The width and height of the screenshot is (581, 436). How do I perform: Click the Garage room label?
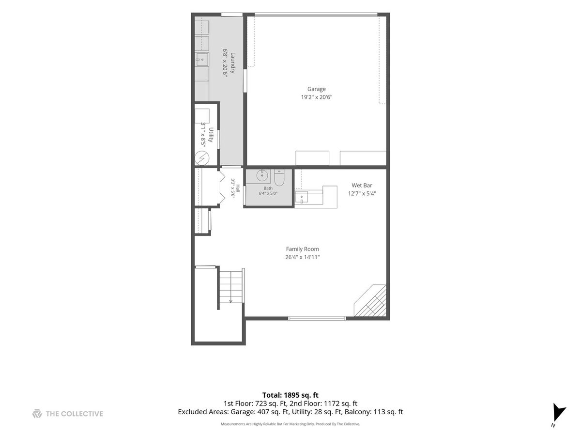point(316,89)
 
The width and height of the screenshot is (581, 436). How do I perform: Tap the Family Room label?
point(302,249)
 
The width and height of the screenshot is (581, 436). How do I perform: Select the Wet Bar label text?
point(362,186)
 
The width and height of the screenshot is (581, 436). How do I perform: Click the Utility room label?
point(211,135)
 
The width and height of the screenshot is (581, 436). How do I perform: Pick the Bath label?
point(268,188)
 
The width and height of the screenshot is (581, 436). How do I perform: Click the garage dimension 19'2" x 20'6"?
point(316,97)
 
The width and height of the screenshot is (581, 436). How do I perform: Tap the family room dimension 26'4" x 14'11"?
point(302,257)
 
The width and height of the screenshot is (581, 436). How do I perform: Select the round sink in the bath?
point(262,175)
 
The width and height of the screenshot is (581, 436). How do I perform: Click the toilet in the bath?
point(279,177)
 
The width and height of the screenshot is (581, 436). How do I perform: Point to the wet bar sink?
point(302,197)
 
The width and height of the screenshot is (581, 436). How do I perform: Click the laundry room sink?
point(202,60)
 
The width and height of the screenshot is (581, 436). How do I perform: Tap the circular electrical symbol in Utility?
point(202,158)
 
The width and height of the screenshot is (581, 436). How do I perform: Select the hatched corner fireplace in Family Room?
point(370,300)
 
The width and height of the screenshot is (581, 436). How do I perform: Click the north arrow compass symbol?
point(559,412)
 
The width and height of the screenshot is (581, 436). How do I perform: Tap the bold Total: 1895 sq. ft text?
point(290,395)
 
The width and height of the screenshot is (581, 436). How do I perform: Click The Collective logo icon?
point(37,414)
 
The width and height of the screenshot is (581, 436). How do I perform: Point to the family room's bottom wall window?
point(317,318)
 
